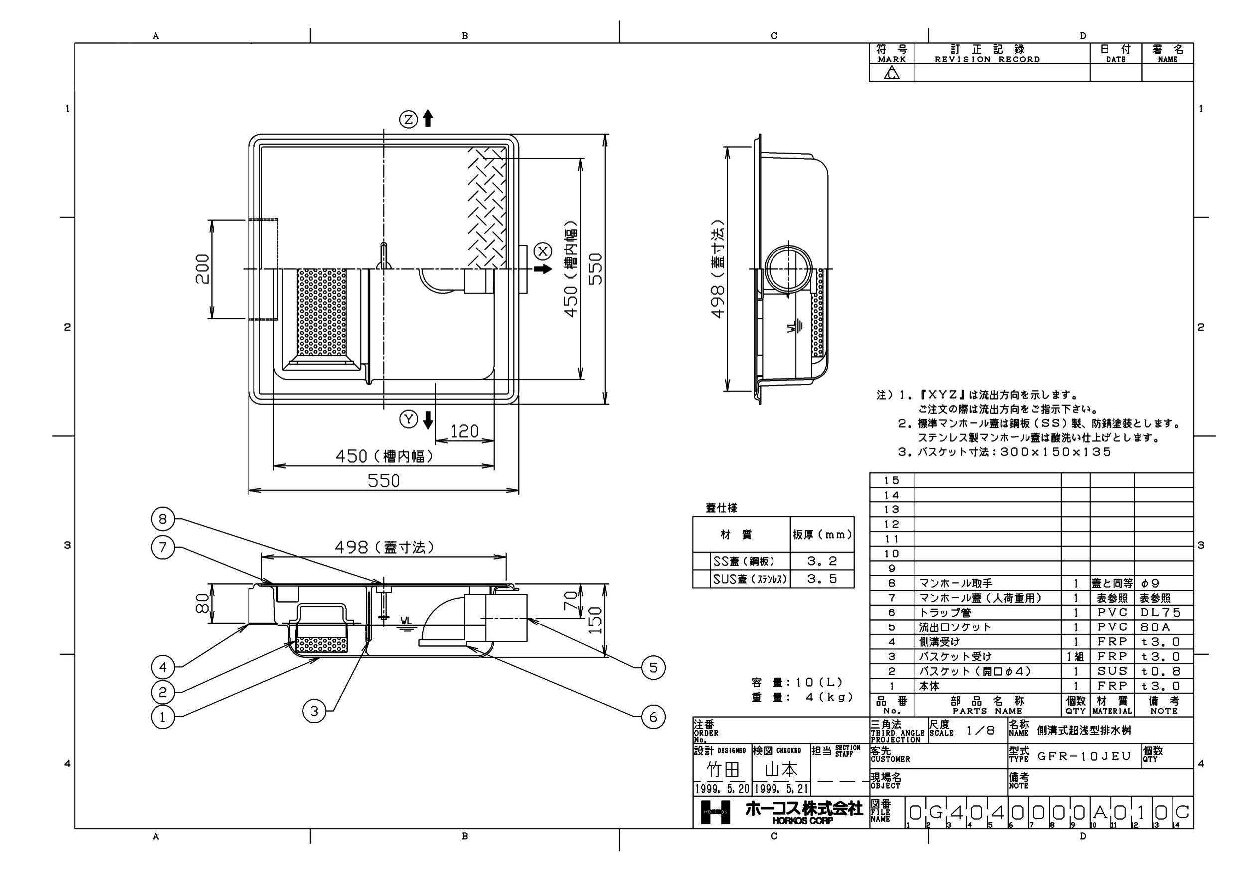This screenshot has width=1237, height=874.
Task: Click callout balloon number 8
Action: click(x=162, y=519)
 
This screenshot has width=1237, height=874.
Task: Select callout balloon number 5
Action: click(x=653, y=668)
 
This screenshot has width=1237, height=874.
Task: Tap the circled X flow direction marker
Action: click(x=543, y=251)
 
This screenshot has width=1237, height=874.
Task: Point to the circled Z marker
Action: click(x=408, y=119)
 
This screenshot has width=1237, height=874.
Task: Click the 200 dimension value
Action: click(x=203, y=269)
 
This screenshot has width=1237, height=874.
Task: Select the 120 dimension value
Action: click(x=464, y=431)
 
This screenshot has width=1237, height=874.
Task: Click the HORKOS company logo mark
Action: click(x=716, y=812)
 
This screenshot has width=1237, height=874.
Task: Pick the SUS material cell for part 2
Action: click(x=1112, y=671)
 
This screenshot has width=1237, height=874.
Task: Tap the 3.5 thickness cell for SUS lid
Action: click(x=822, y=579)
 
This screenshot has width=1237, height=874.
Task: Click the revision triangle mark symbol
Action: click(x=892, y=73)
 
